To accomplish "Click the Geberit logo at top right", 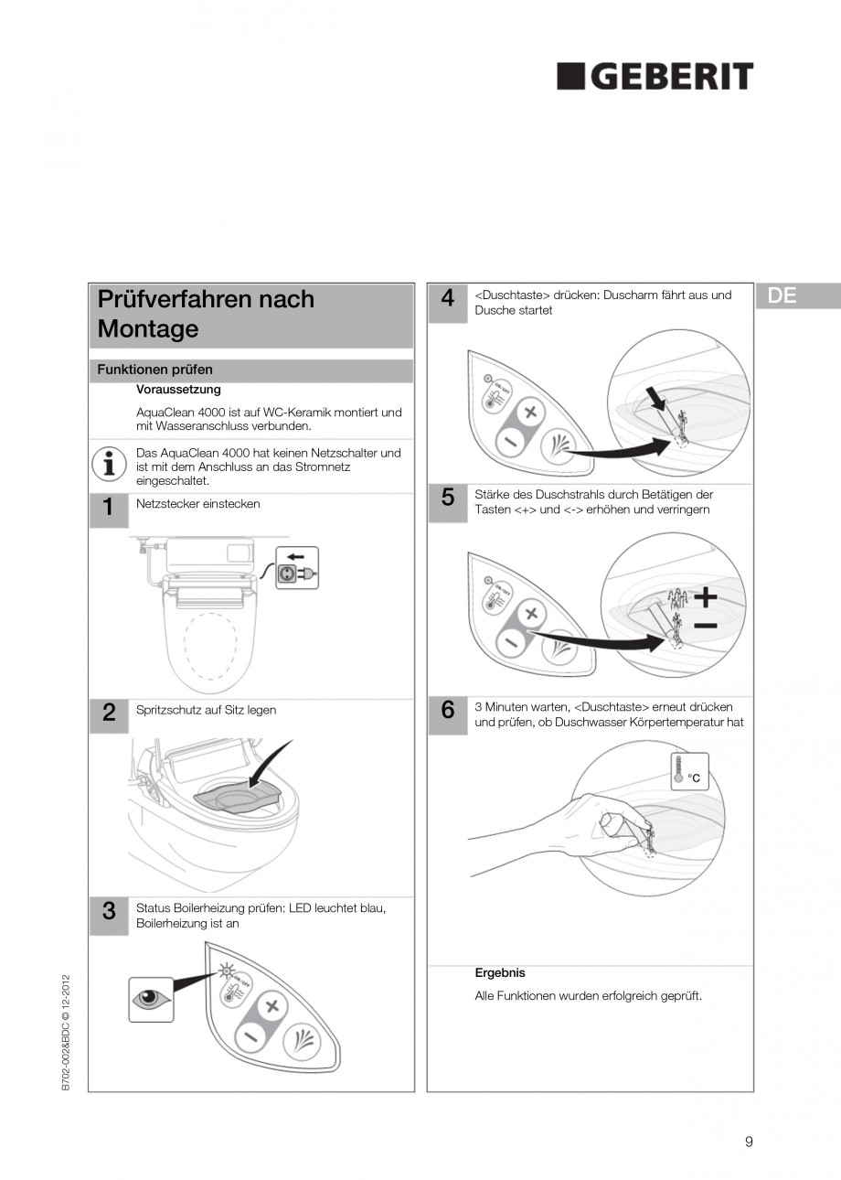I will point(655,77).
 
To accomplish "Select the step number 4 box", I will point(448,299).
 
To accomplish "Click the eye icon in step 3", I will point(151,1000).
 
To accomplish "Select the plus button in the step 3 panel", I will point(271,1007).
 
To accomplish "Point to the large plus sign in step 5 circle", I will point(705,597).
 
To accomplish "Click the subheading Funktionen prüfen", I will point(155,370).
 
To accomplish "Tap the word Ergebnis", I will point(500,972).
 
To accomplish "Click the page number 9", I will point(749,1141).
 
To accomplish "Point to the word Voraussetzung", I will point(178,390).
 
